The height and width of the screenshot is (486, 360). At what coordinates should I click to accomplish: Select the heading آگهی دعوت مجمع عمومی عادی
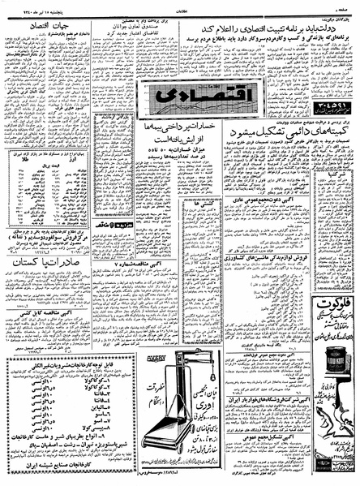[268, 221]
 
